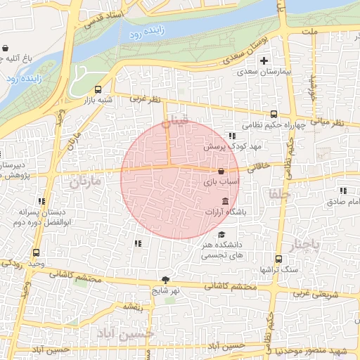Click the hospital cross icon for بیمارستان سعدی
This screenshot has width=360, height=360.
point(264,61)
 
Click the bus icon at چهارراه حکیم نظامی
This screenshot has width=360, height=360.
point(274,114)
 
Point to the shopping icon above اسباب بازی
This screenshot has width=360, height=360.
point(221,171)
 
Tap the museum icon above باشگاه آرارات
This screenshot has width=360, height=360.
point(224,201)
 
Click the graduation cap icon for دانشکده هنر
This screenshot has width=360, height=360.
point(222,236)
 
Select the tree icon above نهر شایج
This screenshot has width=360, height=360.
point(166,279)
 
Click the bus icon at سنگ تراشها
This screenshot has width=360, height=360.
point(278,259)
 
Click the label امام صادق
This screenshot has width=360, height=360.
point(342,201)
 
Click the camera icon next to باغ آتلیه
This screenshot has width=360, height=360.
point(6,49)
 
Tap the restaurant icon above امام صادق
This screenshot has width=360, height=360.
point(343,191)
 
